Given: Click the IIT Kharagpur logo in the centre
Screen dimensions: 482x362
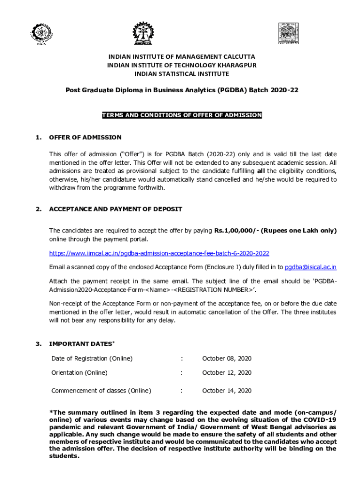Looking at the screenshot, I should pyautogui.click(x=142, y=33).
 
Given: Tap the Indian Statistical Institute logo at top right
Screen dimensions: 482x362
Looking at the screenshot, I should pyautogui.click(x=290, y=32).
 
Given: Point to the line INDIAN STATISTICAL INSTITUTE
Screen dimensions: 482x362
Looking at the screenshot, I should pyautogui.click(x=181, y=74).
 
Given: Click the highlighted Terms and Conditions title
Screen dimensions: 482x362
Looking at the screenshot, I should pyautogui.click(x=181, y=115).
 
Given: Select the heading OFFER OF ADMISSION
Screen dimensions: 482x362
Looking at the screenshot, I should pyautogui.click(x=85, y=137).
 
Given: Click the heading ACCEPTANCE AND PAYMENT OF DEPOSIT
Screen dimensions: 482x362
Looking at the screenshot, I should pyautogui.click(x=116, y=209).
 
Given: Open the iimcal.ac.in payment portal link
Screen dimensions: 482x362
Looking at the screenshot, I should pyautogui.click(x=159, y=253).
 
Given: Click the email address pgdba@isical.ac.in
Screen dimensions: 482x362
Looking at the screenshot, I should pyautogui.click(x=311, y=267).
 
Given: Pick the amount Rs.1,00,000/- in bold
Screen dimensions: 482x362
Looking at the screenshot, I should pyautogui.click(x=236, y=231).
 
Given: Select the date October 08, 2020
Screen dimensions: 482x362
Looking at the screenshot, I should pyautogui.click(x=227, y=359).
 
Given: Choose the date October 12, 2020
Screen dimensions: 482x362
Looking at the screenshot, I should pyautogui.click(x=227, y=373).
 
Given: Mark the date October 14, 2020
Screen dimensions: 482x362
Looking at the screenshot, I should pyautogui.click(x=227, y=391).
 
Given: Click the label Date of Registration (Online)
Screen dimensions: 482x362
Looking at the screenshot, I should pyautogui.click(x=92, y=359).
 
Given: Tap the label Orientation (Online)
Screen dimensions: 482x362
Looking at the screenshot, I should pyautogui.click(x=79, y=373).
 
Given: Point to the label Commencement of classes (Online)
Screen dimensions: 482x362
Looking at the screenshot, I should pyautogui.click(x=101, y=391).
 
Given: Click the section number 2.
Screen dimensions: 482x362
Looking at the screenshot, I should pyautogui.click(x=38, y=209).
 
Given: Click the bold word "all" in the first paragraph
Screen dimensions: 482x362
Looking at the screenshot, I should pyautogui.click(x=261, y=170).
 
